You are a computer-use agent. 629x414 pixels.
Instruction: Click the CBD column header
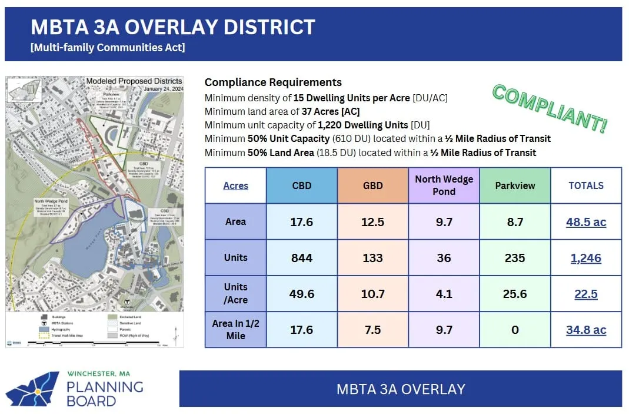point(302,186)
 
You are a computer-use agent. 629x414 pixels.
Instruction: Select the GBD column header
point(372,186)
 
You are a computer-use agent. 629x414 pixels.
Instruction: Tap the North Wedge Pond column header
point(444,185)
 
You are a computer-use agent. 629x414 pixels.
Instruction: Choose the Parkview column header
point(515,186)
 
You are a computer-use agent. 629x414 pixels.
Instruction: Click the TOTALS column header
point(585,186)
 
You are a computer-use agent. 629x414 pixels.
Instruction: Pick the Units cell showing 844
point(302,258)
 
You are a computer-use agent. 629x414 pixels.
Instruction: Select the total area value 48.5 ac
point(585,222)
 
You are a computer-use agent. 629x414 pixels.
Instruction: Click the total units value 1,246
point(585,258)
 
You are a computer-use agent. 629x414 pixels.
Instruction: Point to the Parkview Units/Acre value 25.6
point(515,294)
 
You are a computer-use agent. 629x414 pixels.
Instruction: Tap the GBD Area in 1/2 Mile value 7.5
point(372,330)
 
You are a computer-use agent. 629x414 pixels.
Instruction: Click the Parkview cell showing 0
point(515,330)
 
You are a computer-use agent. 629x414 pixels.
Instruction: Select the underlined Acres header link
point(235,186)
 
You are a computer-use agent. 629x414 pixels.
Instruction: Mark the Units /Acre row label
point(235,293)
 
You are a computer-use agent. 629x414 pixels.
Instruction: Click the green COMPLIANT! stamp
point(549,108)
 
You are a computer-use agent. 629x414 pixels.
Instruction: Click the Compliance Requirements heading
point(273,82)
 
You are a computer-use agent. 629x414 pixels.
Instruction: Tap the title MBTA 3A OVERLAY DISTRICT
point(172,27)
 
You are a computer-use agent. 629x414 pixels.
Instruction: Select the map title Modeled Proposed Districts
point(134,81)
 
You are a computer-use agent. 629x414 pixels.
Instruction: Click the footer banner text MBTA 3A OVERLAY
point(400,389)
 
